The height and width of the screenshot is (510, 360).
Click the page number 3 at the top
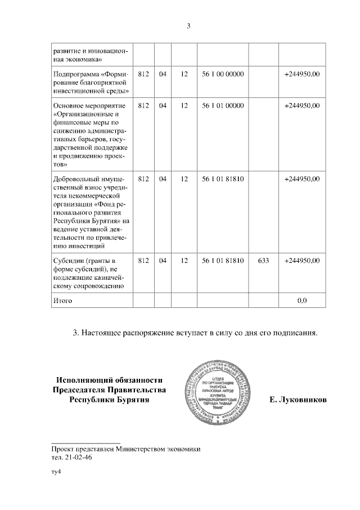click(x=189, y=25)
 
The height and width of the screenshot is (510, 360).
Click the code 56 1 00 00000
click(x=222, y=74)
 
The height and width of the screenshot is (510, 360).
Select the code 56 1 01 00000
click(x=222, y=105)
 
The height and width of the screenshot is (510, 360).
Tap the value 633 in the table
click(x=262, y=261)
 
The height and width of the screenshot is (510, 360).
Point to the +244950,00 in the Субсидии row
click(x=301, y=261)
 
